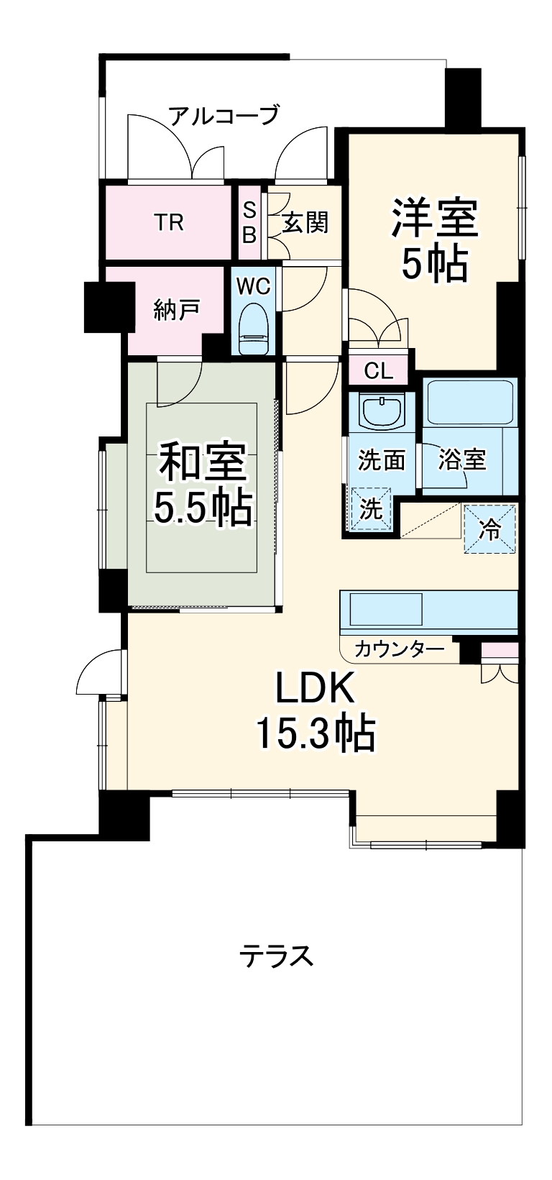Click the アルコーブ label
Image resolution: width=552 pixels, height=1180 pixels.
[x=223, y=115]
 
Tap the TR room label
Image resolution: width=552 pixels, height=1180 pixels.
[x=170, y=222]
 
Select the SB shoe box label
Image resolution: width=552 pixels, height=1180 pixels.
[x=249, y=222]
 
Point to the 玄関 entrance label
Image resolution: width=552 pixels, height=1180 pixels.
[x=305, y=222]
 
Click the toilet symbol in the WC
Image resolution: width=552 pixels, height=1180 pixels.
[x=253, y=328]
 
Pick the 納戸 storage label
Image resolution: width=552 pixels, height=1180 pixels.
[x=176, y=310]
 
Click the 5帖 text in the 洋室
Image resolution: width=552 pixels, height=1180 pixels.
[x=434, y=264]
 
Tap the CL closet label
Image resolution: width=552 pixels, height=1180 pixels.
[x=378, y=372]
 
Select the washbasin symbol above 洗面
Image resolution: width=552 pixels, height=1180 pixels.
[x=382, y=411]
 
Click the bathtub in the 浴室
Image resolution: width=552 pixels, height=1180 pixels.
[x=470, y=403]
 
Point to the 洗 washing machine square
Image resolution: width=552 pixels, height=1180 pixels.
[x=371, y=509]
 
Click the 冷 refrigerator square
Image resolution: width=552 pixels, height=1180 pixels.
[x=490, y=530]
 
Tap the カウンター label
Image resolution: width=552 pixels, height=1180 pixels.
[x=399, y=649]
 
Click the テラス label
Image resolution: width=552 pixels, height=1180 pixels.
[x=276, y=956]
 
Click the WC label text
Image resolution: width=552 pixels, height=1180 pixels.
[x=253, y=286]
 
